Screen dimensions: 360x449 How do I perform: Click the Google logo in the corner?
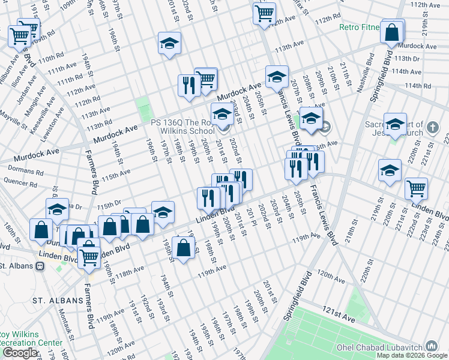[x=19, y=353]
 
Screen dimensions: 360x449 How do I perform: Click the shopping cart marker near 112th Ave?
[x=264, y=13]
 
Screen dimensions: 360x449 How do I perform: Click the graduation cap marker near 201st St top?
[x=169, y=43]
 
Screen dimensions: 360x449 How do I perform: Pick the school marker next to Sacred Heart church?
[x=394, y=124]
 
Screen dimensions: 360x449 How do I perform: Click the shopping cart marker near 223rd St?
[x=416, y=188]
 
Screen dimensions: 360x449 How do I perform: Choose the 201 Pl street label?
[x=252, y=220]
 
